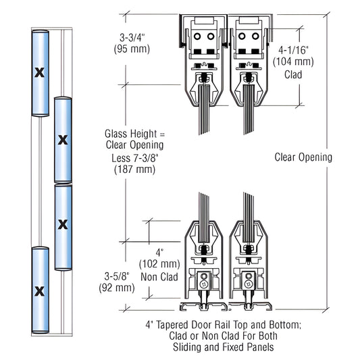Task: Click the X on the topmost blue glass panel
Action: point(38,72)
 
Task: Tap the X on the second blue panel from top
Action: point(63,140)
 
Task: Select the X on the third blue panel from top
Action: point(63,224)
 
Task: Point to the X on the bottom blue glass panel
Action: point(38,291)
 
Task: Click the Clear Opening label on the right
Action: point(303,157)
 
